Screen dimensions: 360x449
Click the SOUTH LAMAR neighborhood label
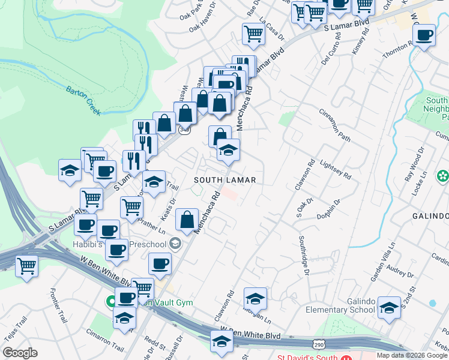(225, 180)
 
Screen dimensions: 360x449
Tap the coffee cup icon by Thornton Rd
(424, 35)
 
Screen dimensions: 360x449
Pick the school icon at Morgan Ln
(255, 298)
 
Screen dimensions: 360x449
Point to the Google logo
(20, 353)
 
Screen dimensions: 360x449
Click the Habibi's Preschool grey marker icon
(175, 243)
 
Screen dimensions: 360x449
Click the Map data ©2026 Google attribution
(411, 355)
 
